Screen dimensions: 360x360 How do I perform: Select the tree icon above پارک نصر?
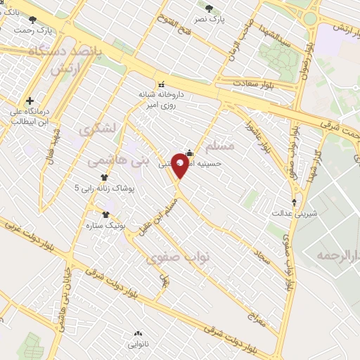[210, 8]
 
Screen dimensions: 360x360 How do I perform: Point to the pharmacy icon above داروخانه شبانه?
[163, 84]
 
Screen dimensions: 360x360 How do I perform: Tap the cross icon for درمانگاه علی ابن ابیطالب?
[29, 101]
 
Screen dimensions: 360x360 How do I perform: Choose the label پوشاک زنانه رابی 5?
[105, 188]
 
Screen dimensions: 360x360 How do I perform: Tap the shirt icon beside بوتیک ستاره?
[105, 214]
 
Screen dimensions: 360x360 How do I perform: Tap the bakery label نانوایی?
[138, 345]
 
